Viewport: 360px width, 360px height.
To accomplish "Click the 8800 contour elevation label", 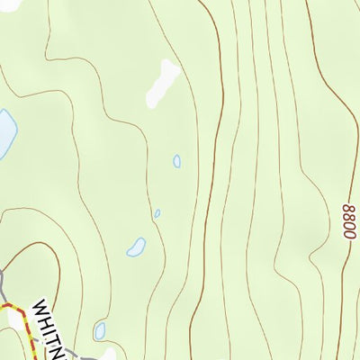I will coord(348,220).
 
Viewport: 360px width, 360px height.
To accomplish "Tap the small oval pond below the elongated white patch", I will coord(176,161).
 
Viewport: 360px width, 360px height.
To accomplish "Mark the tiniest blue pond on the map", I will coord(157,214).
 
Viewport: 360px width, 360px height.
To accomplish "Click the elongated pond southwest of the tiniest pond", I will coord(137,246).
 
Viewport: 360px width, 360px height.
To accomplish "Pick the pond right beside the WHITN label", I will coord(101,331).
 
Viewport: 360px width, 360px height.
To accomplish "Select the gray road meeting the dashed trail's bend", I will coord(3,286).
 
